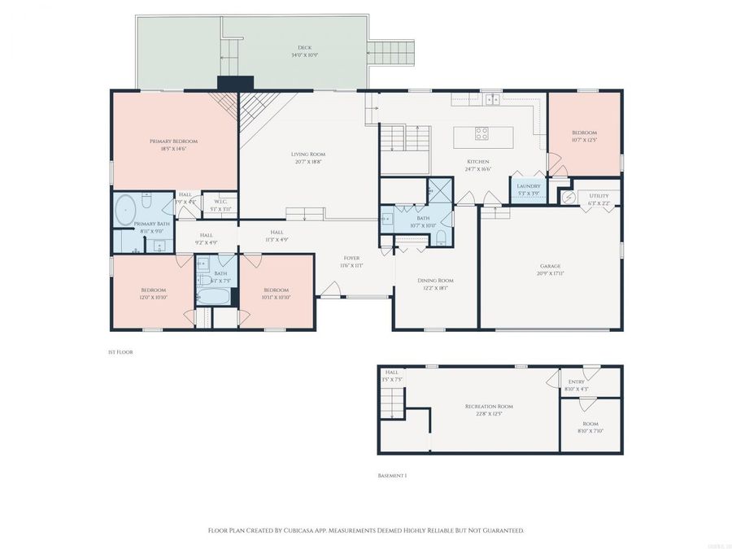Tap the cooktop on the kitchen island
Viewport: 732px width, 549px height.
pos(481,134)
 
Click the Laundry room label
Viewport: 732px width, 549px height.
pos(529,186)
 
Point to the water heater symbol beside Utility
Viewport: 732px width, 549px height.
pos(564,195)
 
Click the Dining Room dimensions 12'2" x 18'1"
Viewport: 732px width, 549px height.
pos(435,287)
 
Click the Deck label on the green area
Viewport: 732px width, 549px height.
pos(306,48)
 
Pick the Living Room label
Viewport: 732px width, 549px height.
pos(308,154)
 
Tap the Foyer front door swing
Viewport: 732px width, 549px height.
pos(330,290)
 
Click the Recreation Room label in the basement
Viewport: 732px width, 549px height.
pos(489,406)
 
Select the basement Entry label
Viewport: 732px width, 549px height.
pos(576,381)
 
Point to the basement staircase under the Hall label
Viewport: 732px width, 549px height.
pos(393,403)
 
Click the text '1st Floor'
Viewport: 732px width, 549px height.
pos(120,352)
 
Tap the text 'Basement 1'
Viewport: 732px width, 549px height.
pos(392,476)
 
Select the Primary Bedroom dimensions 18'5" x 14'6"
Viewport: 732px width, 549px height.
pos(173,149)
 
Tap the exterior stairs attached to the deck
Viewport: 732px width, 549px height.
pos(393,54)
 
